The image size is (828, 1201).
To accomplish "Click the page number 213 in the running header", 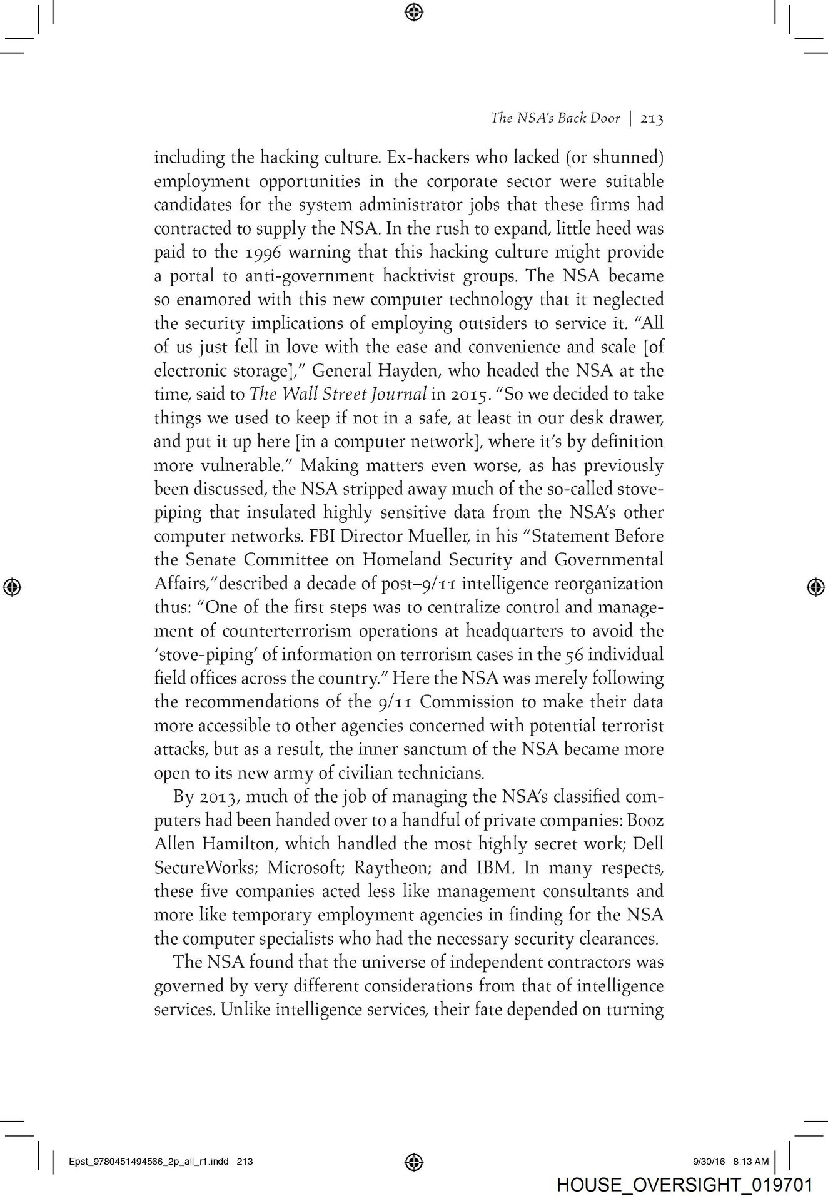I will point(650,119).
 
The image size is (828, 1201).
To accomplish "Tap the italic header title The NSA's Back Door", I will point(555,119).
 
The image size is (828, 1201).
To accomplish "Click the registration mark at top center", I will point(414,11).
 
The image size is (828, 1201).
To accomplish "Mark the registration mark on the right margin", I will point(814,586).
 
